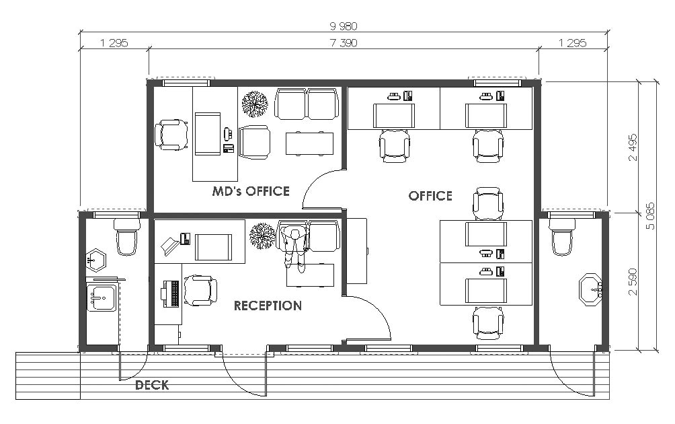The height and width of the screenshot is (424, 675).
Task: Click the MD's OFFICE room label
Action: [x=251, y=192]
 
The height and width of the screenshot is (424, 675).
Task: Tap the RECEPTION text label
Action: [x=268, y=306]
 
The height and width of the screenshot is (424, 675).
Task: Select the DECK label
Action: [x=152, y=386]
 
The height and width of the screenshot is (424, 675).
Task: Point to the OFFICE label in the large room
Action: [x=430, y=196]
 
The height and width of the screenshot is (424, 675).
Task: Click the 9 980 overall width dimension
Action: [x=344, y=26]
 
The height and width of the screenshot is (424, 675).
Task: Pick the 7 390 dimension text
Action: [x=344, y=43]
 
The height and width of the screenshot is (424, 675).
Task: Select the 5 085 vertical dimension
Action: [x=650, y=216]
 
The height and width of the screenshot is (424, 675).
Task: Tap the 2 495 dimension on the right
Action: [x=633, y=147]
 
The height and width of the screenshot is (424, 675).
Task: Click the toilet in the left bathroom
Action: [x=126, y=236]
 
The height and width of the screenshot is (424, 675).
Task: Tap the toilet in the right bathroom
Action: [x=563, y=236]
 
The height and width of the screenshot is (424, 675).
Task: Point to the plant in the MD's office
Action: [x=255, y=104]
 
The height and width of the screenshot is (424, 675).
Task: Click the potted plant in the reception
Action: [x=262, y=236]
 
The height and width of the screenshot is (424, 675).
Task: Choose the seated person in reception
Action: [x=294, y=246]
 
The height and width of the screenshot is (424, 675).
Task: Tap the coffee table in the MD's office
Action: [x=309, y=143]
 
